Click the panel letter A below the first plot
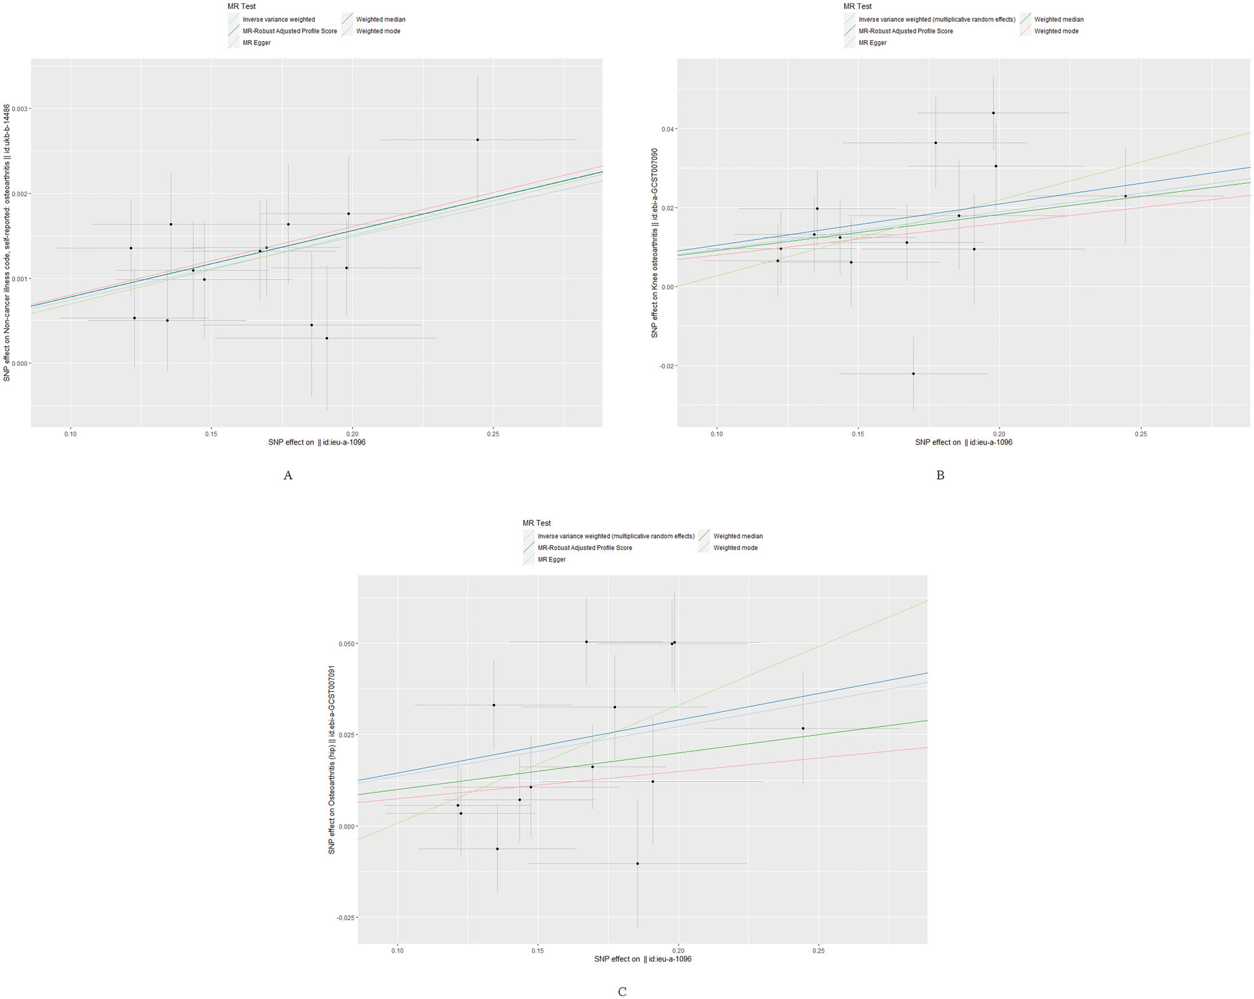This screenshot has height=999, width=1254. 288,475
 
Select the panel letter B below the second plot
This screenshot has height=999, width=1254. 940,475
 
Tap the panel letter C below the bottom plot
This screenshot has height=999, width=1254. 622,991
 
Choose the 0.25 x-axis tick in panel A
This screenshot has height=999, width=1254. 493,434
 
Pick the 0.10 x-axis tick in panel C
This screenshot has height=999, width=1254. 397,951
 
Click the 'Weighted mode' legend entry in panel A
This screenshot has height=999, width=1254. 378,31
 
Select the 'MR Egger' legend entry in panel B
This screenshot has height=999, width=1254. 872,43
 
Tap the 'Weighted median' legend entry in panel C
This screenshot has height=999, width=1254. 738,536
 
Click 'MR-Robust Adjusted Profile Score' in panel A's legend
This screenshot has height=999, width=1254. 290,31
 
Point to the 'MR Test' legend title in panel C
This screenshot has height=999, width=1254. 537,523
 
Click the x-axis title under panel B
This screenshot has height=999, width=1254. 963,442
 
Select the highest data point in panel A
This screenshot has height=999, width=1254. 477,140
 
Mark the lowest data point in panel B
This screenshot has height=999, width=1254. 914,373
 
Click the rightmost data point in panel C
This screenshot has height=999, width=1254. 803,728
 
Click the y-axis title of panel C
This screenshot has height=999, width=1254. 331,760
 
